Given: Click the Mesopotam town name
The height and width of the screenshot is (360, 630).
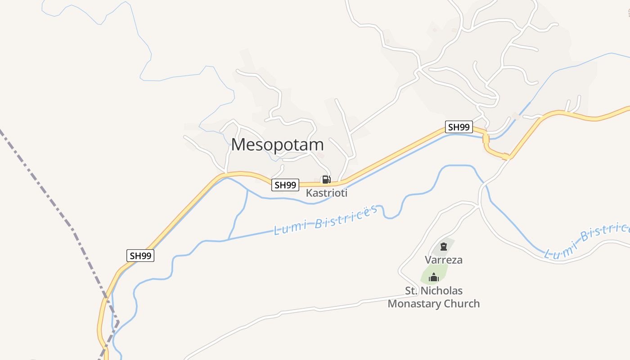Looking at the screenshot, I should click(277, 144).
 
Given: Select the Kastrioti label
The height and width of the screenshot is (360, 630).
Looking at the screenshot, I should click(327, 193).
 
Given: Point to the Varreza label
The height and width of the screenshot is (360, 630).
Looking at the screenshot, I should click(444, 260).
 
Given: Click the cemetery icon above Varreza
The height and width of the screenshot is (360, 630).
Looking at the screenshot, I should click(444, 246).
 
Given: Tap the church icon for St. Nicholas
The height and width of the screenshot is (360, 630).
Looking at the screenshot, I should click(434, 277).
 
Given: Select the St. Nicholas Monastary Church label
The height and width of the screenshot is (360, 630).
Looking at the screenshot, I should click(434, 297).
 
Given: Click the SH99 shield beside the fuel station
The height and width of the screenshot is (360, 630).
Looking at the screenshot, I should click(285, 184).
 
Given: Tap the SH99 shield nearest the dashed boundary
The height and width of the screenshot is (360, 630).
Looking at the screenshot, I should click(140, 256).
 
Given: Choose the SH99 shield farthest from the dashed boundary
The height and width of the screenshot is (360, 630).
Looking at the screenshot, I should click(459, 127).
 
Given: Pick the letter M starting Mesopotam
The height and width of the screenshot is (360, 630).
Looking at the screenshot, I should click(239, 144).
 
